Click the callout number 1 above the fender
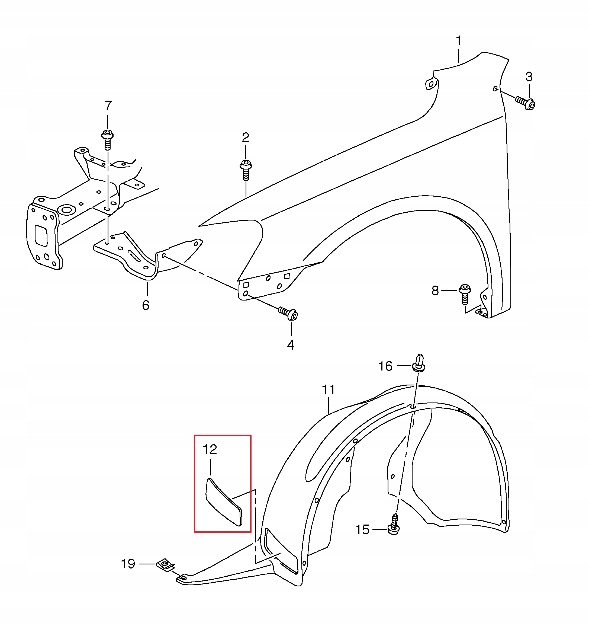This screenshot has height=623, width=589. coord(458,41)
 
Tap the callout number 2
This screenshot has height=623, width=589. coord(246,137)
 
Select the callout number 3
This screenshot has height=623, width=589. coord(529,77)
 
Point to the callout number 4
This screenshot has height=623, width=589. coord(291,345)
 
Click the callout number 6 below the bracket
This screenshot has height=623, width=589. coord(146,305)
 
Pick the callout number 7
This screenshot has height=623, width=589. coord(108,106)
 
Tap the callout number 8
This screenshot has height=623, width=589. coord(435,290)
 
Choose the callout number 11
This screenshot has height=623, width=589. coord(329,390)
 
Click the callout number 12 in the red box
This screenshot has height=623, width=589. coord(210,449)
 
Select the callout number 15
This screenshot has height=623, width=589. coord(362,529)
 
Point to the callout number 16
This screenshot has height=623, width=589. coord(385,366)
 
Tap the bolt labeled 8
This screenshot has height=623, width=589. coord(465,293)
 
